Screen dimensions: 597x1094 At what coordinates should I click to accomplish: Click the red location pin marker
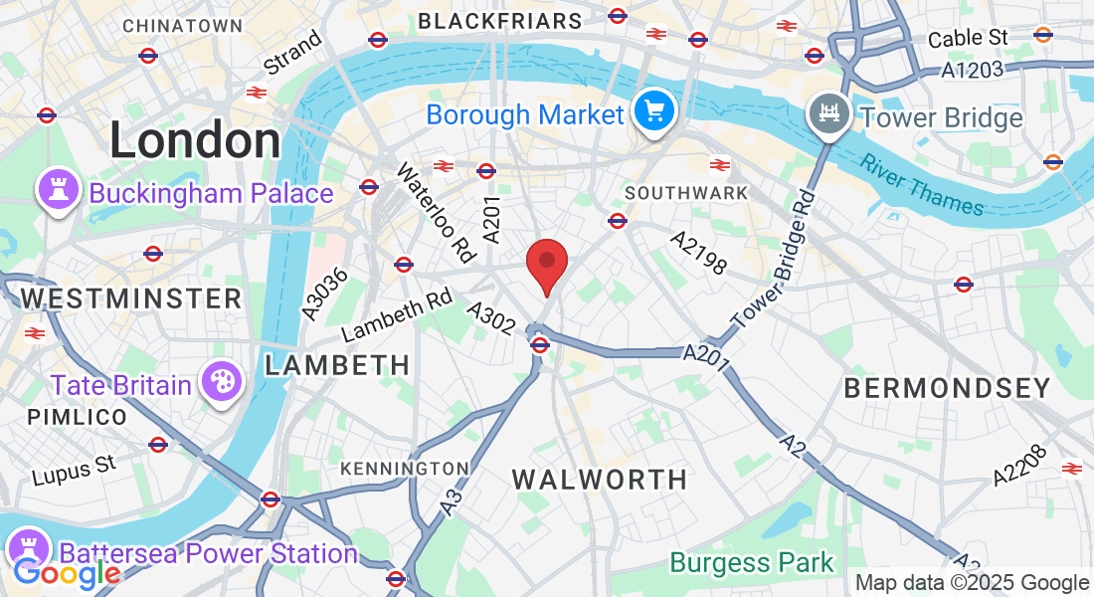[546, 264]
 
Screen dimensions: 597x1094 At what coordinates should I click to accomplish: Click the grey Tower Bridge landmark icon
[827, 113]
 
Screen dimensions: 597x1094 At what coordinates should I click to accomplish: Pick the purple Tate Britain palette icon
[220, 381]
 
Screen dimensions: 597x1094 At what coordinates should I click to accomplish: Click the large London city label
[195, 140]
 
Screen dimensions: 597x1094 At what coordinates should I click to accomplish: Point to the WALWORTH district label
[600, 480]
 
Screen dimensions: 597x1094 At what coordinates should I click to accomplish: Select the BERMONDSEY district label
[947, 389]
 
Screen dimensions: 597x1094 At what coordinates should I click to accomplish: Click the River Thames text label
[922, 185]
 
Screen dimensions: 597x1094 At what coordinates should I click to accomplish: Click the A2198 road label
[699, 254]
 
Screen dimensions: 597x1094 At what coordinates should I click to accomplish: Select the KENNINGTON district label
[404, 468]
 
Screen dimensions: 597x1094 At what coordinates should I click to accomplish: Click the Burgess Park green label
[752, 563]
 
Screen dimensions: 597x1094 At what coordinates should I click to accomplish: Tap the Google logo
[66, 574]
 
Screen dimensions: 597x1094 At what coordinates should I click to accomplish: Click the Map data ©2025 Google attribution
[972, 583]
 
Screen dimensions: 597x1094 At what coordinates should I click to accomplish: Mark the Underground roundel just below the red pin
[540, 345]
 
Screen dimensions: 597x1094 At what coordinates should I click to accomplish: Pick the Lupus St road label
[75, 470]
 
